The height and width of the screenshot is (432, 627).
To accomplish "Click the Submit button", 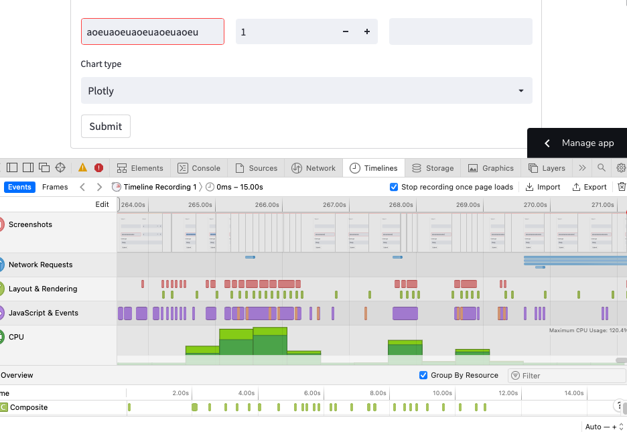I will [106, 126].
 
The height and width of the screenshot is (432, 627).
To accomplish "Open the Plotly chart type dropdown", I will [306, 90].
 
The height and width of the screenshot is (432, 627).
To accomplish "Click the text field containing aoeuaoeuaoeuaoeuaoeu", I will [153, 31].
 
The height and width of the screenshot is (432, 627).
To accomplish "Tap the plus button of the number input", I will [367, 31].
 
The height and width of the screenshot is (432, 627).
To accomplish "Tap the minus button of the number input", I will [346, 31].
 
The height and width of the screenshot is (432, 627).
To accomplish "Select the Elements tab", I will [140, 168].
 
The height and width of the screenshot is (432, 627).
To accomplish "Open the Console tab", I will [199, 168].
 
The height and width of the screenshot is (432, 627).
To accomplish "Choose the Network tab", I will [313, 168].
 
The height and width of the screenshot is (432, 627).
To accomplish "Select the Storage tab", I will [433, 168].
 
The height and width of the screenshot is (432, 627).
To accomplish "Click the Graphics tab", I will [491, 168].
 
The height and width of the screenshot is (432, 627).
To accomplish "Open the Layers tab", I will [547, 168].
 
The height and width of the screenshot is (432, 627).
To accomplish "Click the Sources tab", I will [256, 168].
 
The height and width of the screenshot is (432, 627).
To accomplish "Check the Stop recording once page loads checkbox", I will [394, 187].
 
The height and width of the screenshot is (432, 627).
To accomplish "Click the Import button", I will [543, 187].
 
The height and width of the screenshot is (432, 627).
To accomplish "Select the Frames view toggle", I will [55, 187].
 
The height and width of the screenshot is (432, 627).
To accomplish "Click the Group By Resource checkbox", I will [423, 375].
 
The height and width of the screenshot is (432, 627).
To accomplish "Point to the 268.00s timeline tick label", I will [401, 205].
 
